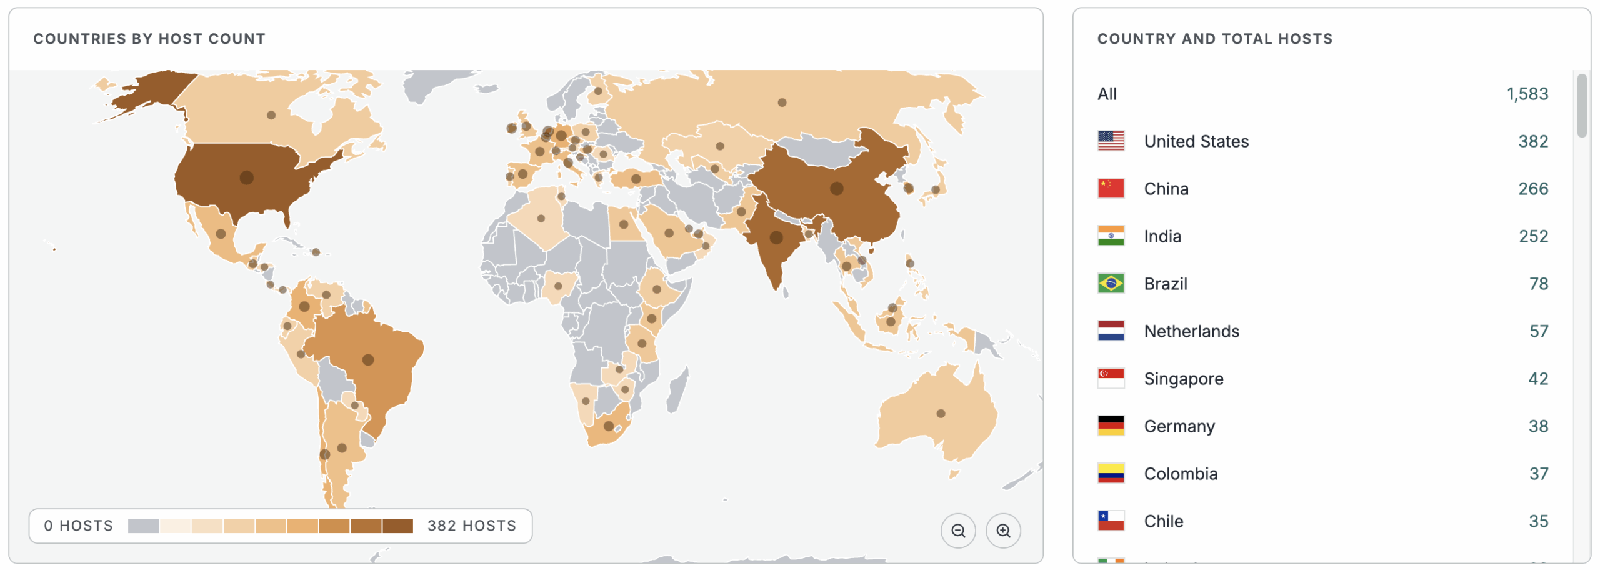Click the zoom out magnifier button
(x=957, y=531)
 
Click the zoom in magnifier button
(x=1002, y=531)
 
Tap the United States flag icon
(x=1111, y=141)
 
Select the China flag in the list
(x=1111, y=189)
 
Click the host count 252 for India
(x=1532, y=236)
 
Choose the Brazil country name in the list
(x=1165, y=284)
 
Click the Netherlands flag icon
(x=1111, y=331)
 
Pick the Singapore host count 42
(x=1537, y=379)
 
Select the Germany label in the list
(x=1179, y=426)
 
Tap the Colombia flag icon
(x=1111, y=474)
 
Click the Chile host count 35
(x=1537, y=521)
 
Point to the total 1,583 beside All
(x=1527, y=94)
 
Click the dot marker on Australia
(x=940, y=414)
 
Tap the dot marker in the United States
(x=246, y=177)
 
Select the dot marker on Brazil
(x=368, y=360)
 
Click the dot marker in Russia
(x=782, y=102)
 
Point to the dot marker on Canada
(x=271, y=115)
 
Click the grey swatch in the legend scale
(x=143, y=526)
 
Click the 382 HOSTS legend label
(x=471, y=526)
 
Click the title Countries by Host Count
(x=149, y=39)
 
